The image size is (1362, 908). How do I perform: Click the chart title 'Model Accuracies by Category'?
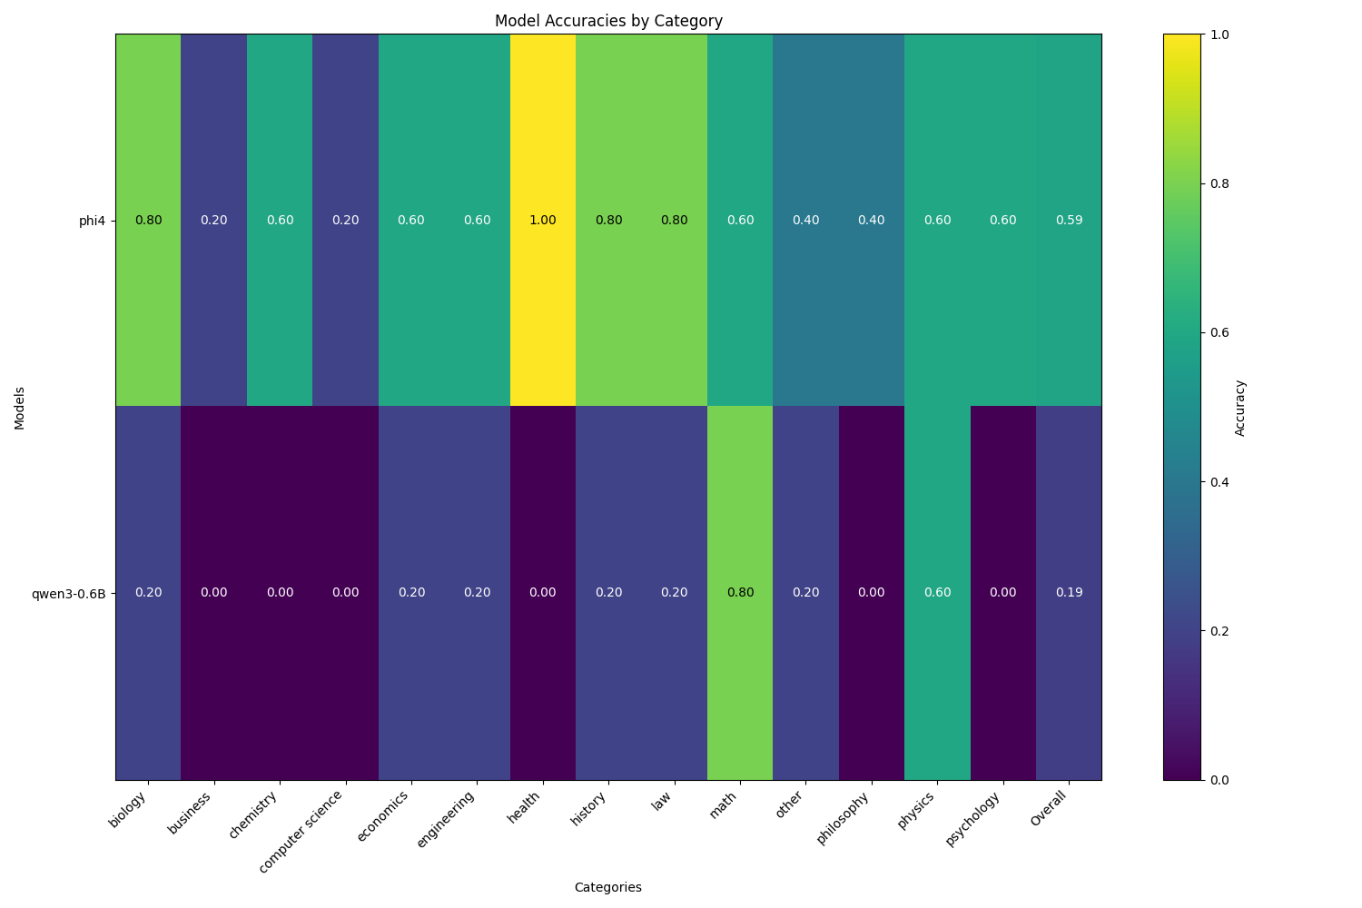(608, 21)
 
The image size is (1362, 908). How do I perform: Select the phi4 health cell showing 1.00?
(542, 221)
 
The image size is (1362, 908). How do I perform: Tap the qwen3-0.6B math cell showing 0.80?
(740, 593)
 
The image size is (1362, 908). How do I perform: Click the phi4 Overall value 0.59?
(1069, 221)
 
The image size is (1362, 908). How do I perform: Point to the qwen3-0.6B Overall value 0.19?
(1069, 593)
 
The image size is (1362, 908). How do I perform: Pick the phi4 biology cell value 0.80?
(148, 221)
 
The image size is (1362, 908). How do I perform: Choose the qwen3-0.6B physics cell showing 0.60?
(937, 593)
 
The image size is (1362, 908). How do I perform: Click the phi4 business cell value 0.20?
(213, 221)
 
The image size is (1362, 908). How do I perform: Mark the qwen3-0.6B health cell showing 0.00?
(542, 593)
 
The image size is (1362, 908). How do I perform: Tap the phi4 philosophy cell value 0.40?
(872, 221)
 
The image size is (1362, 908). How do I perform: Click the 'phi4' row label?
(92, 221)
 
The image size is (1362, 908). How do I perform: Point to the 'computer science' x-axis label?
(302, 831)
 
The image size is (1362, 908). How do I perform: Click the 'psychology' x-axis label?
(974, 818)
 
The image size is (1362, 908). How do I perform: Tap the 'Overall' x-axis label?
(1050, 808)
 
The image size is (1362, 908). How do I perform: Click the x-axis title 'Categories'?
(607, 887)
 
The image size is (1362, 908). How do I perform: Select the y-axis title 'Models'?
(20, 407)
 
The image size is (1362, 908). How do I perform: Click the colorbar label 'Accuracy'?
(1240, 407)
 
